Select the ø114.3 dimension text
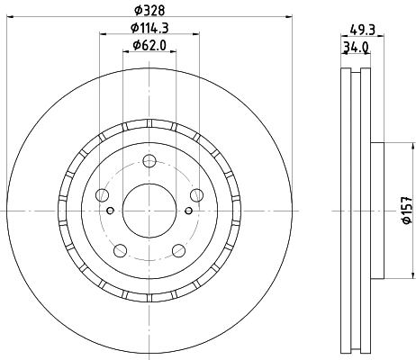point(149,28)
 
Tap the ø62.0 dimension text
point(149,45)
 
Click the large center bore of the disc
point(149,209)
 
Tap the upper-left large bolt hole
point(101,195)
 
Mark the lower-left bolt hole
point(119,250)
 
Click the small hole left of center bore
point(111,211)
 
